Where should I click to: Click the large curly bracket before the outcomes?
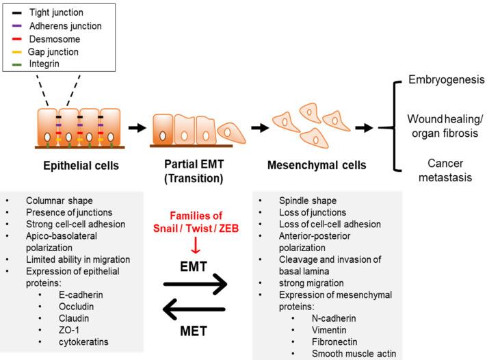click(397, 127)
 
